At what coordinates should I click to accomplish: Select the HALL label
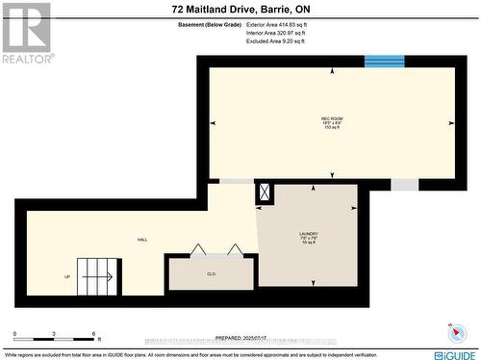[141, 241]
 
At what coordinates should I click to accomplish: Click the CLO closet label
[211, 274]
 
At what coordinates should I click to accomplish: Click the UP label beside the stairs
[67, 277]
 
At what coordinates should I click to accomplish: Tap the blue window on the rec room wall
[384, 62]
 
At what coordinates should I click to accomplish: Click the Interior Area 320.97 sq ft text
[275, 33]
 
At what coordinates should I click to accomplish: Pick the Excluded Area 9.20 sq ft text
[275, 41]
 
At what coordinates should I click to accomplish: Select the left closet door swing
[197, 250]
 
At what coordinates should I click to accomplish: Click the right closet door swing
[235, 250]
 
